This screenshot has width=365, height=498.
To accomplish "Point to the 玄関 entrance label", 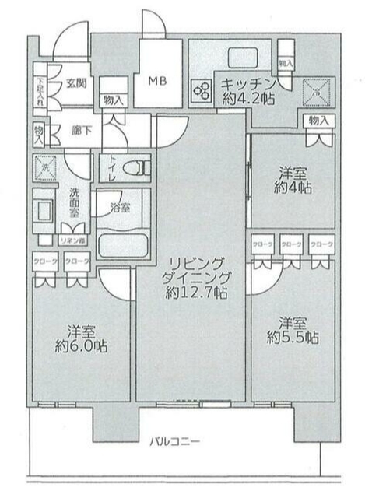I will point(75,84).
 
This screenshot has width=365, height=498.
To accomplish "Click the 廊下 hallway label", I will point(75,130).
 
